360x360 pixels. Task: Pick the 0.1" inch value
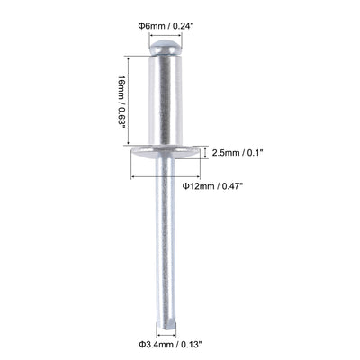tap(260, 152)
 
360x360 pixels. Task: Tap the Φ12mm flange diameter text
tap(197, 186)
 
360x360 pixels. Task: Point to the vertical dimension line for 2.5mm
tap(210, 152)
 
